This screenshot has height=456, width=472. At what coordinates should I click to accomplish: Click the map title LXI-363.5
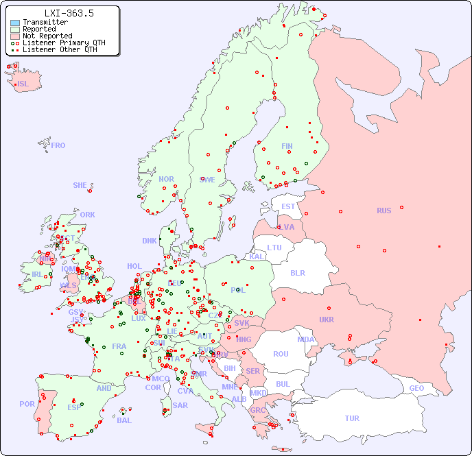click(x=69, y=13)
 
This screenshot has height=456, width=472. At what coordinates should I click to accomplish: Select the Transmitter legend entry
click(x=45, y=22)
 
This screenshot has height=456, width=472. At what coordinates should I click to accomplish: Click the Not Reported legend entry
click(x=47, y=36)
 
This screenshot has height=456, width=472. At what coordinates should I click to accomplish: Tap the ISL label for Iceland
click(x=23, y=84)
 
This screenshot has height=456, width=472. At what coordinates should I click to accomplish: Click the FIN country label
click(x=287, y=146)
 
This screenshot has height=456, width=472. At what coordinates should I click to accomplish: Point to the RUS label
click(x=383, y=211)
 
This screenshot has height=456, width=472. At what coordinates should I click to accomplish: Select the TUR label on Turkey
click(x=352, y=418)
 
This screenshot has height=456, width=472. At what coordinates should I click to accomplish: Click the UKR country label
click(x=326, y=320)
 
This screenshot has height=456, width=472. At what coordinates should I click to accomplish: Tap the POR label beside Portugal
click(x=27, y=404)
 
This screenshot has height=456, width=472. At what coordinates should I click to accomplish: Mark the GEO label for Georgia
click(x=416, y=388)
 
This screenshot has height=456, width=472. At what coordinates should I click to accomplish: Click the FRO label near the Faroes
click(x=58, y=145)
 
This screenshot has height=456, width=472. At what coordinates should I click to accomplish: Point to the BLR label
click(x=297, y=272)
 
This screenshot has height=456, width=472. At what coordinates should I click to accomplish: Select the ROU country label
click(x=281, y=354)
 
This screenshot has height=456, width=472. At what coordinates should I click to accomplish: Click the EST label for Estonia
click(x=288, y=206)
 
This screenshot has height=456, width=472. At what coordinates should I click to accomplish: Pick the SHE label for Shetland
click(x=80, y=185)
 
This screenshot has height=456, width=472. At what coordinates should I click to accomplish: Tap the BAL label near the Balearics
click(x=124, y=420)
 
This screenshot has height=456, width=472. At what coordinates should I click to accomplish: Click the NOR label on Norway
click(x=166, y=179)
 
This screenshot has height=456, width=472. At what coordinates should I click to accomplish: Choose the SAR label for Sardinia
click(x=180, y=405)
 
